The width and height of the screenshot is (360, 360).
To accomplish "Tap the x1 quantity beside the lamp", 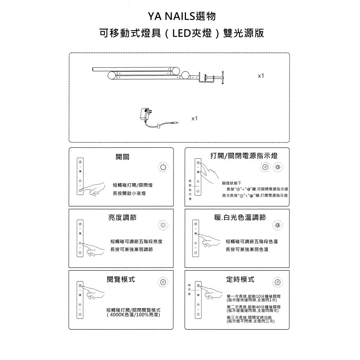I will (x=261, y=76).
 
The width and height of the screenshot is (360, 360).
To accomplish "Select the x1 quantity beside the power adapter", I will (x=194, y=118).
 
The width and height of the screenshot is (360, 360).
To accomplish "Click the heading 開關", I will (x=122, y=156).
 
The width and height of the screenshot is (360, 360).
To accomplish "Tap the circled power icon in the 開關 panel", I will (x=163, y=167).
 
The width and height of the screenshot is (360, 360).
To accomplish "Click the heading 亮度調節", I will (x=122, y=217).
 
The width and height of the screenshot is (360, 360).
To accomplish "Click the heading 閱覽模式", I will (x=121, y=279).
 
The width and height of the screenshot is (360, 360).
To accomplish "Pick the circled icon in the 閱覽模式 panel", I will (x=163, y=282).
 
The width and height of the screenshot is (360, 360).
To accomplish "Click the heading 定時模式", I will (x=240, y=279).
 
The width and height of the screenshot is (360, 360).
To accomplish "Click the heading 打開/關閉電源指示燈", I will (x=244, y=156).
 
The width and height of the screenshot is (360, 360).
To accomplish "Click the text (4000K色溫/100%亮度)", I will (x=134, y=315).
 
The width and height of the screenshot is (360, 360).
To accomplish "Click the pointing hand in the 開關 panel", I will (x=94, y=189).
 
